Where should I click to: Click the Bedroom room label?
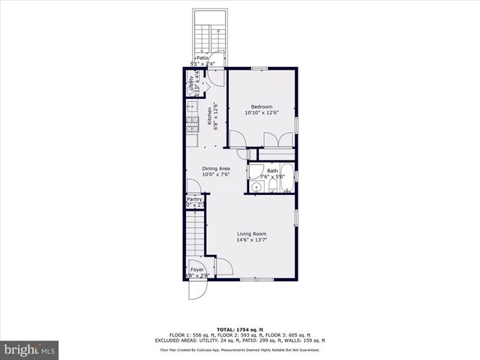tap(262, 106)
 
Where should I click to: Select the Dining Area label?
tap(215, 169)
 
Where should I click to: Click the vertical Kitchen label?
tap(209, 116)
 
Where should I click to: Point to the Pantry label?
tap(194, 199)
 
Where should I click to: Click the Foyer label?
tap(197, 269)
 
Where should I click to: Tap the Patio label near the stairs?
tap(202, 58)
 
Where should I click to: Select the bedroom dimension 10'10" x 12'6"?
tap(262, 113)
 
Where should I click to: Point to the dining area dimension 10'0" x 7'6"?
tap(215, 175)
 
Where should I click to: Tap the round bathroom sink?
tap(255, 187)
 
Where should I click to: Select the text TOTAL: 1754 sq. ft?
tap(240, 329)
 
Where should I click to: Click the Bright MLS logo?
tap(30, 349)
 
